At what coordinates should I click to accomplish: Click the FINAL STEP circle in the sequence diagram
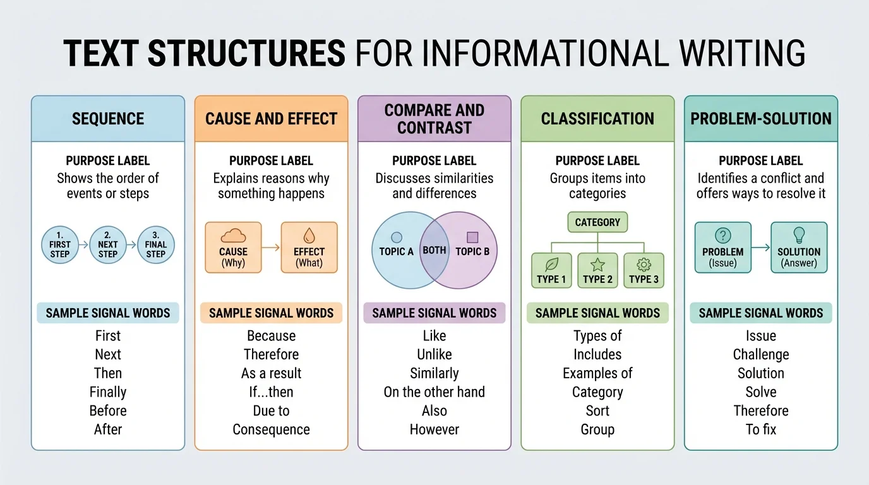click(x=155, y=245)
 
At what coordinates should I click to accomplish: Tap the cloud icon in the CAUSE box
click(x=233, y=237)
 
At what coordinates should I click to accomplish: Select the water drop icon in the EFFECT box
click(x=309, y=237)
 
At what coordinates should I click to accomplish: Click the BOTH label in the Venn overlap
click(x=434, y=250)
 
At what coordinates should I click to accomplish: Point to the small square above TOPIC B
click(x=472, y=237)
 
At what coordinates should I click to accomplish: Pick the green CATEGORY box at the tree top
click(x=597, y=222)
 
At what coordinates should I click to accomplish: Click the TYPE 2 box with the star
click(x=597, y=270)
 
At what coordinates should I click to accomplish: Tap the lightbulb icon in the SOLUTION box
click(x=799, y=236)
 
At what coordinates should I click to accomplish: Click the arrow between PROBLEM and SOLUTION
click(x=761, y=248)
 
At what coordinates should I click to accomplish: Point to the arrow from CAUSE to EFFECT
click(x=271, y=248)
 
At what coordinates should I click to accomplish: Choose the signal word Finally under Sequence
click(x=108, y=392)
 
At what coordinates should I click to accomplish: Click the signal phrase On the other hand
click(x=434, y=392)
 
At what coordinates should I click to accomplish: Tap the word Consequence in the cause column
click(x=271, y=429)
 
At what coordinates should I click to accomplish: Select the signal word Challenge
click(x=761, y=355)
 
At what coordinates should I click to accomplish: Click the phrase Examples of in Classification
click(x=597, y=373)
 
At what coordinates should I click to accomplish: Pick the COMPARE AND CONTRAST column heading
click(x=434, y=119)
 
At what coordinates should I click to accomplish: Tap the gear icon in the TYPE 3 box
click(x=644, y=265)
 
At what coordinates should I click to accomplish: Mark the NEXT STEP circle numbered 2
click(x=108, y=245)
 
